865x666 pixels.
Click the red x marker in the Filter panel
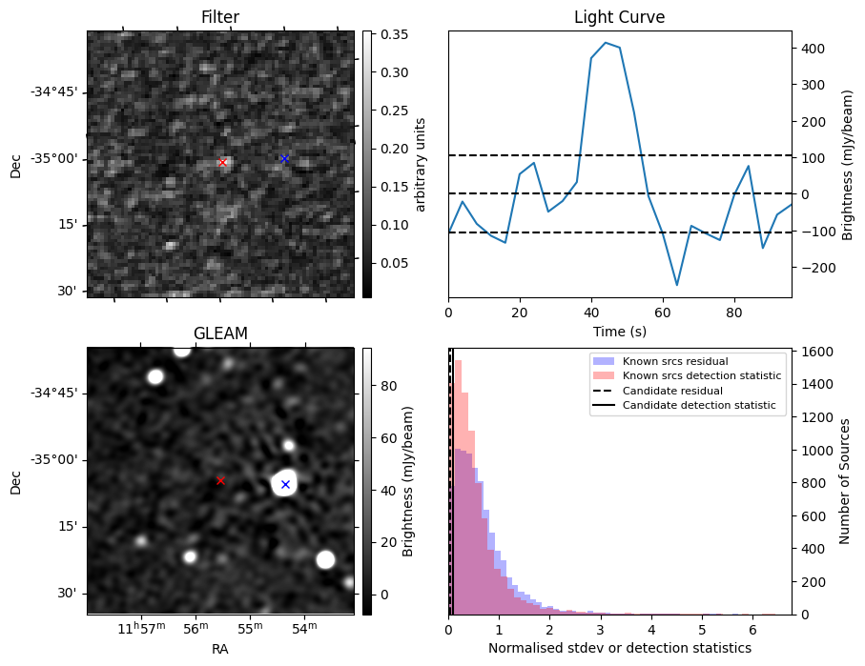tap(223, 162)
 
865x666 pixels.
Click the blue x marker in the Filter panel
tap(284, 158)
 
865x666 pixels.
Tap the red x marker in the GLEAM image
tap(220, 480)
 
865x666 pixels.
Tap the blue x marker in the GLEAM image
tap(285, 484)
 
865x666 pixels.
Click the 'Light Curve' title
tap(619, 17)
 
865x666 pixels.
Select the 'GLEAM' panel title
tap(220, 333)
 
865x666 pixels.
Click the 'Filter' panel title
tap(220, 17)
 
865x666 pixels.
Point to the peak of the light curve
tap(606, 43)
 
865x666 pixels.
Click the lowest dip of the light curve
tap(677, 285)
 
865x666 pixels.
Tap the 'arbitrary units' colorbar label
tap(421, 164)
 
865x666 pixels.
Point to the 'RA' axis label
tap(220, 649)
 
